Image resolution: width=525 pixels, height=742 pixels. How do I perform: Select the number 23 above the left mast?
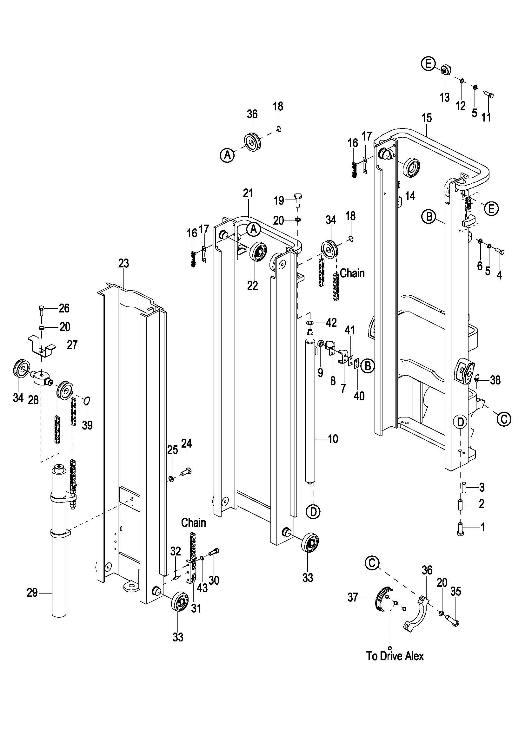click(123, 263)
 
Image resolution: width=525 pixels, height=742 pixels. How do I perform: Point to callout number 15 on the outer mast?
click(427, 118)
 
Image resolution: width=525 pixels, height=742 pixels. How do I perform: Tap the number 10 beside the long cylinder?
click(333, 439)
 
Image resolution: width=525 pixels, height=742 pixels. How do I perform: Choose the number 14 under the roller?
click(410, 196)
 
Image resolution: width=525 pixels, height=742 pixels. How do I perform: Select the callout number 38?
click(495, 380)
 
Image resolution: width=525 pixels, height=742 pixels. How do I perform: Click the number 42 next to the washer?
click(331, 323)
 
